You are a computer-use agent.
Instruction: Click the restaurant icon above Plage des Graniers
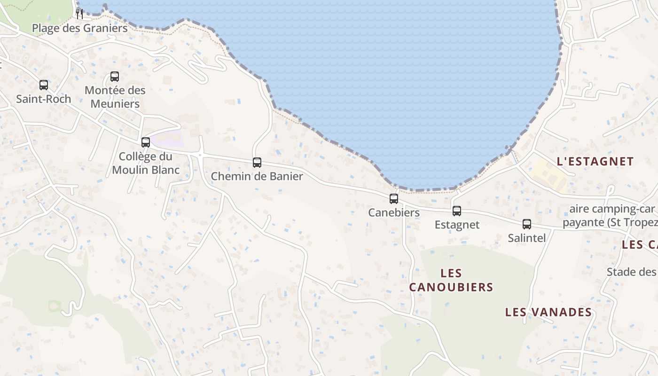point(79,14)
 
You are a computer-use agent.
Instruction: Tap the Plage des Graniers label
point(79,28)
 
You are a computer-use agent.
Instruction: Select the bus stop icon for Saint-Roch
point(44,85)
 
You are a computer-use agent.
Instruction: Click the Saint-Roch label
point(44,99)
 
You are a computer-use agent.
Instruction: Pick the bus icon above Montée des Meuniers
point(115,77)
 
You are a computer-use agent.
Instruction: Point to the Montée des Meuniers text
point(115,97)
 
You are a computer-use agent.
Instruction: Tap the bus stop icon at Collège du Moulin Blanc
point(146,142)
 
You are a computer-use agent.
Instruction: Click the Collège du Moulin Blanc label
point(146,163)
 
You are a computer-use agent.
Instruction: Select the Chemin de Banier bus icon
point(257,163)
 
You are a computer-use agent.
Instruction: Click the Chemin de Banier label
point(257,176)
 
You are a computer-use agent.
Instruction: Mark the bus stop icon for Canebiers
point(394,199)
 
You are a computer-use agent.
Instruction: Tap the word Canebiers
point(394,212)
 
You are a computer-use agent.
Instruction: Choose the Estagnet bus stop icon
point(457,211)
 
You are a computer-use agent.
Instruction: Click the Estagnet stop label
point(457,225)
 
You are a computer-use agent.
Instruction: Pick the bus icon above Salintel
point(527,224)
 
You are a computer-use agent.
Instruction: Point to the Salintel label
point(527,238)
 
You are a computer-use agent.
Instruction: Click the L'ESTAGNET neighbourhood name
point(595,161)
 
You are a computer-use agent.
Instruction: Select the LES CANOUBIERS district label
point(451,280)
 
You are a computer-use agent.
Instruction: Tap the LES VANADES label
point(548,312)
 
